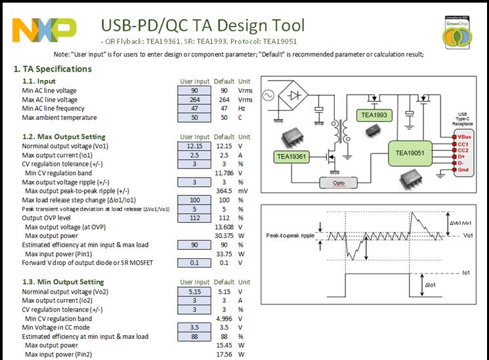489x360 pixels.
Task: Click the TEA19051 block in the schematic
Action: (x=412, y=153)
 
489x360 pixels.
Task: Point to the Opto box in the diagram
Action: (x=340, y=183)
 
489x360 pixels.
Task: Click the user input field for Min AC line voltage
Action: (x=194, y=90)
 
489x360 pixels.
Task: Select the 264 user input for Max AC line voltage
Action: (x=194, y=100)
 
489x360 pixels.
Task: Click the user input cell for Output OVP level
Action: (x=194, y=218)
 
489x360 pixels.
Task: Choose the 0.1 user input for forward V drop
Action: (x=194, y=264)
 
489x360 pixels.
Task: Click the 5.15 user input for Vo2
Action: (x=194, y=291)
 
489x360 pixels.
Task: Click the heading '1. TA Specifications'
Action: (x=53, y=69)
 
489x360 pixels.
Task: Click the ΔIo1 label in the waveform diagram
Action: (x=431, y=286)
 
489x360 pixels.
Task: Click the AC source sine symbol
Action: (x=268, y=96)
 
